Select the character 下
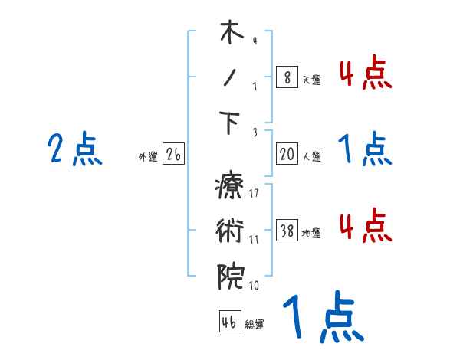click(229, 123)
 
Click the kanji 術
click(229, 231)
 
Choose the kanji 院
click(229, 275)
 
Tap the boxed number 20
click(287, 154)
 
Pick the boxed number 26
click(173, 155)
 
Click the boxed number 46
click(229, 322)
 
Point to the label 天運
click(311, 79)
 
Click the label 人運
click(311, 156)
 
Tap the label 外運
click(147, 157)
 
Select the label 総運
click(255, 324)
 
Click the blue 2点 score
click(74, 149)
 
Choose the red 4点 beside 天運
click(365, 73)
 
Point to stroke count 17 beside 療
click(254, 193)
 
